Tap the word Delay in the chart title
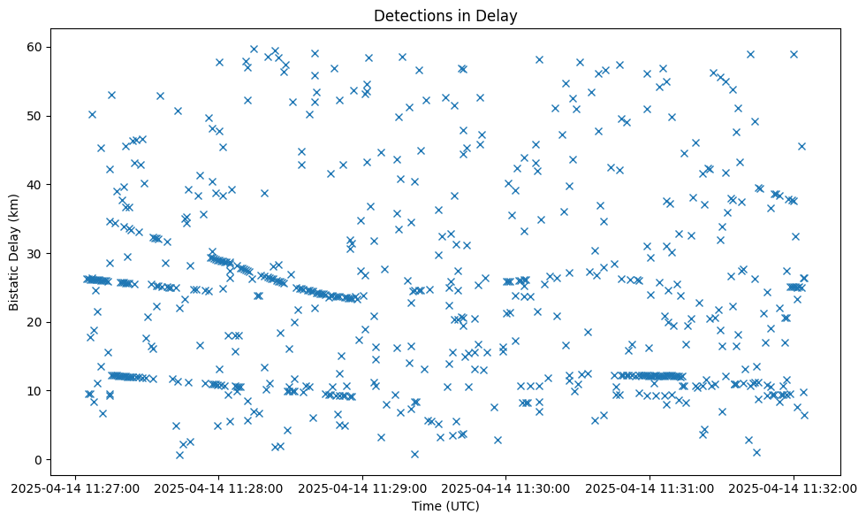coord(498,15)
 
